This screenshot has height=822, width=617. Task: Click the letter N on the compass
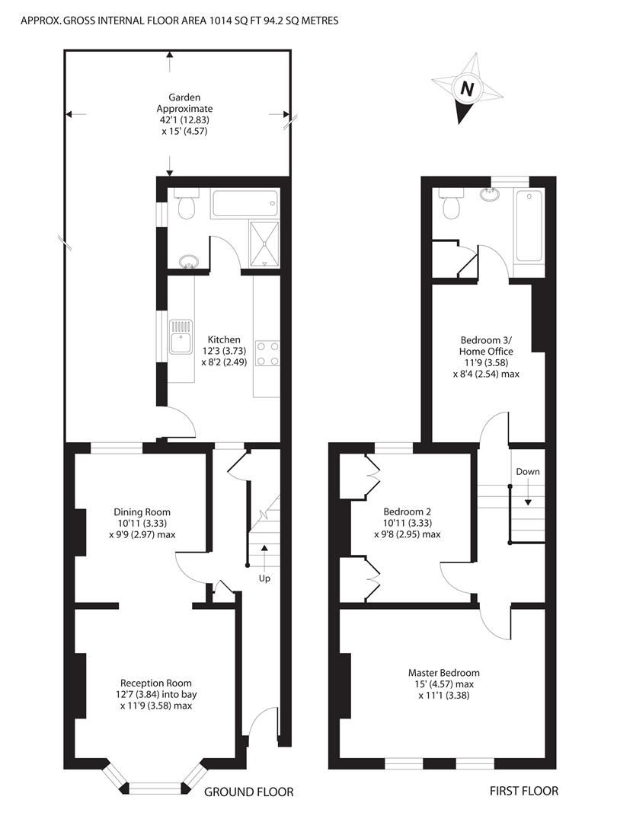pos(466,88)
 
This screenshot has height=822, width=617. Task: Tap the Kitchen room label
pos(222,339)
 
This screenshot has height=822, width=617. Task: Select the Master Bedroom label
pos(443,673)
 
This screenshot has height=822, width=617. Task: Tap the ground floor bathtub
pos(245,204)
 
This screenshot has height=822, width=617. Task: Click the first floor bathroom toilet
pos(452,204)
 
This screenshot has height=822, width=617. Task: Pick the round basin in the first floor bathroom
pos(491,196)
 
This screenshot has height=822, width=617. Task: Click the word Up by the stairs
pos(264,578)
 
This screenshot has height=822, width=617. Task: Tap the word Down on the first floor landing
pos(527,472)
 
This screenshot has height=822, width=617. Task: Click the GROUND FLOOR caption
pos(248,792)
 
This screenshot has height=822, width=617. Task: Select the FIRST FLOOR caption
pos(523,792)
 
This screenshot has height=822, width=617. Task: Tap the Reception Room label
pos(156,683)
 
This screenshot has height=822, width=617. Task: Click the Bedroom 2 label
pos(407,511)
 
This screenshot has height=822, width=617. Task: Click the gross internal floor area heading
pos(180,21)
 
